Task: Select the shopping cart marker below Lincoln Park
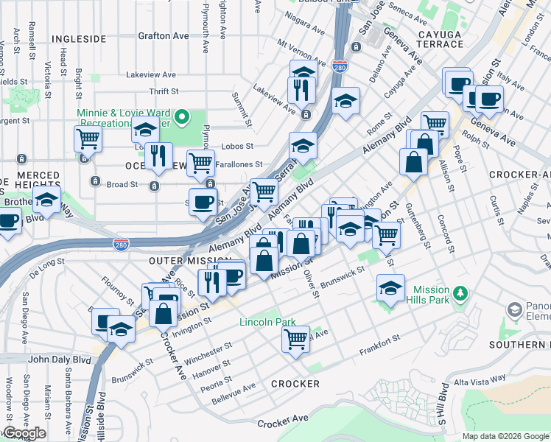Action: [x=295, y=339]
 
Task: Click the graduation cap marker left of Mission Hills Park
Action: [x=390, y=288]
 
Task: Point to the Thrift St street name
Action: [x=164, y=91]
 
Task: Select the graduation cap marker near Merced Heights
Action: [x=46, y=200]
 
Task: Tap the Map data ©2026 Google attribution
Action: [x=505, y=436]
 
